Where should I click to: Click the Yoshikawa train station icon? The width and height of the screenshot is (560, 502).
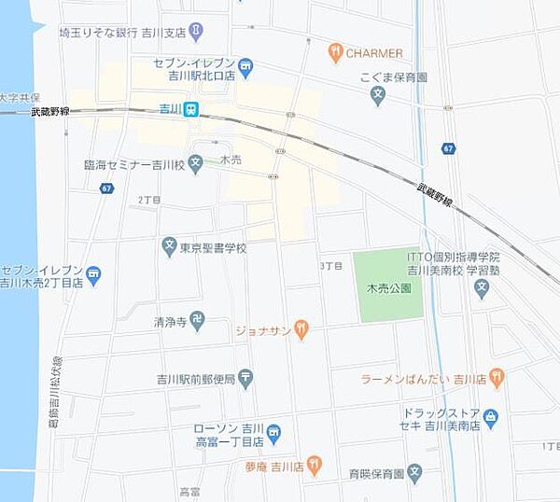pos(190,109)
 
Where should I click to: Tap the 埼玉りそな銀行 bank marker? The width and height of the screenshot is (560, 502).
pos(196,33)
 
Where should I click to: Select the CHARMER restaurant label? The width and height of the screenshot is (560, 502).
pos(373,53)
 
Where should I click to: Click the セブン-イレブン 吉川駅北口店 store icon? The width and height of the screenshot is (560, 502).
pos(245,65)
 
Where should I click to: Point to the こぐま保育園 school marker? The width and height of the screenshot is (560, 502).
pos(377,94)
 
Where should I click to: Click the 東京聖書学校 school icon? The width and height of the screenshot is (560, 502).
pos(169,248)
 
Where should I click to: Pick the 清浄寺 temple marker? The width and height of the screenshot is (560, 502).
pos(197,321)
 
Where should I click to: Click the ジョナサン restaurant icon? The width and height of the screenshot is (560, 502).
pos(301,328)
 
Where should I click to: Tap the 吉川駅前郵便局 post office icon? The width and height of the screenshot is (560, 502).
pos(245,378)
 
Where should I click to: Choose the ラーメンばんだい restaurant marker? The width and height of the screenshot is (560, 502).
pos(497,378)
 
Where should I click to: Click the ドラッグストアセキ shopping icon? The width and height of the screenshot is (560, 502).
pos(491,416)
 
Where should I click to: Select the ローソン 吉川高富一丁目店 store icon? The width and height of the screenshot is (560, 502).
pos(273,432)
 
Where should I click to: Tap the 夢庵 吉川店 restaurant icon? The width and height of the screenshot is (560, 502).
pos(315,464)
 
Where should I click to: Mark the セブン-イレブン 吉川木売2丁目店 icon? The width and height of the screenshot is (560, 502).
pos(94,275)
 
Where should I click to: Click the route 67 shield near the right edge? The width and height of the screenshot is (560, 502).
pos(449,148)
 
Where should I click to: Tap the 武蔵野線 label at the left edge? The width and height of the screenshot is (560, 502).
pos(49,112)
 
